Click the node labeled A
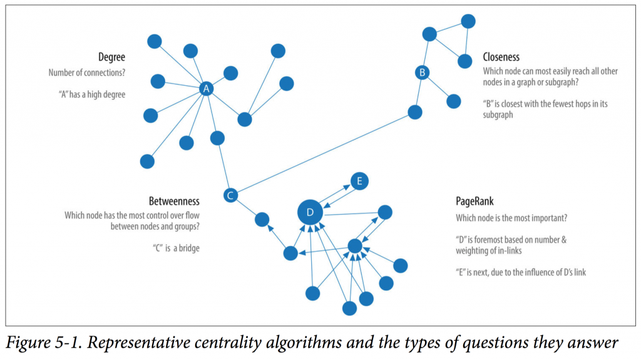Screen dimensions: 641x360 pos(206,88)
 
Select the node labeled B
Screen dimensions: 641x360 pos(423,73)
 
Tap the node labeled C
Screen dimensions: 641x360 pos(230,195)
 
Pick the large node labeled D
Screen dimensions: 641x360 pos(310,212)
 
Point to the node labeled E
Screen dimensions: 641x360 pos(359,181)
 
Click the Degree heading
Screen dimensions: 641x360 pos(111,57)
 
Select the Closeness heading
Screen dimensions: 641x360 pos(501,57)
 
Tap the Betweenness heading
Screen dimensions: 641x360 pos(174,201)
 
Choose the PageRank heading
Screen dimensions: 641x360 pos(474,201)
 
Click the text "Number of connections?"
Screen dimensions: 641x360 pos(86,73)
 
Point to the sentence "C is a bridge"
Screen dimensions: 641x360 pos(176,248)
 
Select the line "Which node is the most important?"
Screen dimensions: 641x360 pos(511,218)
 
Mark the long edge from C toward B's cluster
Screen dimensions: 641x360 pos(323,154)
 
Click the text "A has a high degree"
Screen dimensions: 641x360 pos(92,95)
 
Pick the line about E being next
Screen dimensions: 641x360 pos(521,272)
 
